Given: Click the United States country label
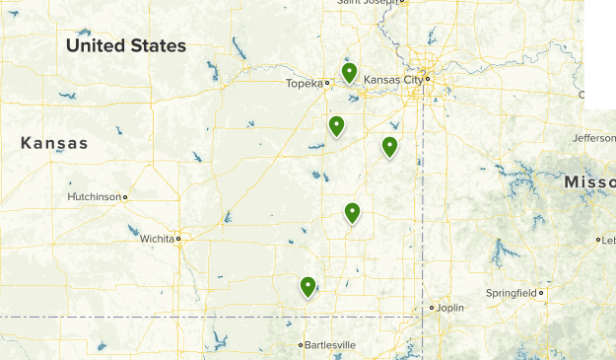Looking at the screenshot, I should pyautogui.click(x=125, y=46).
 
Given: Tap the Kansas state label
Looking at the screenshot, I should pyautogui.click(x=54, y=144).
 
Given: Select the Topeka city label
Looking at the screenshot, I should pyautogui.click(x=305, y=84).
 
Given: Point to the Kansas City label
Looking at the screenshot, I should pyautogui.click(x=393, y=79).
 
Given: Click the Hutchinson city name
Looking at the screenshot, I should pyautogui.click(x=94, y=197).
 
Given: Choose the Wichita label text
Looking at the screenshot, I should pyautogui.click(x=154, y=239).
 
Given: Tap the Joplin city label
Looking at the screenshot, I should pyautogui.click(x=450, y=308).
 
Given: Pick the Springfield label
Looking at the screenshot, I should pyautogui.click(x=512, y=293).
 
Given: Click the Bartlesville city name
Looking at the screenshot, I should pyautogui.click(x=330, y=345).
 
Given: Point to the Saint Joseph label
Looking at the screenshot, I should pyautogui.click(x=371, y=3).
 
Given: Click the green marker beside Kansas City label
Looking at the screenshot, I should pyautogui.click(x=349, y=72).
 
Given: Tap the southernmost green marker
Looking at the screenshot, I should pyautogui.click(x=308, y=287).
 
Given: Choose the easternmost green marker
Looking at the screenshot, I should pyautogui.click(x=389, y=147).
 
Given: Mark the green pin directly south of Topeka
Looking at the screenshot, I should pyautogui.click(x=336, y=126).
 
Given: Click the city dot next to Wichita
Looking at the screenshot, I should pyautogui.click(x=178, y=239).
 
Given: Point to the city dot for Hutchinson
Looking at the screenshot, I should pyautogui.click(x=125, y=197).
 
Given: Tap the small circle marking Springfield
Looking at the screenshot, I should pyautogui.click(x=541, y=293).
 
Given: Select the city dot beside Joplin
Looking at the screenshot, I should pyautogui.click(x=431, y=308).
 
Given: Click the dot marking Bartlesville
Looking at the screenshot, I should pyautogui.click(x=301, y=345).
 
